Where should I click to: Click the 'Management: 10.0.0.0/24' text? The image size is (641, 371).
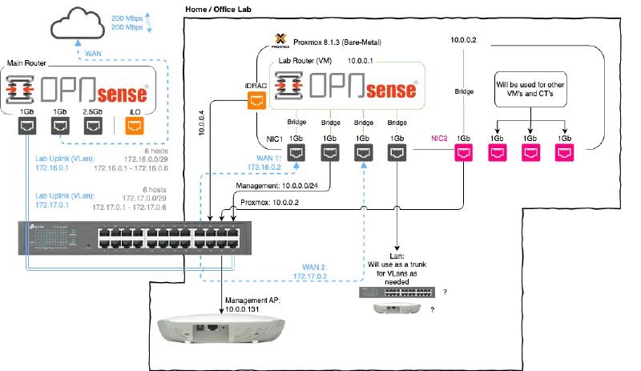(x=284, y=186)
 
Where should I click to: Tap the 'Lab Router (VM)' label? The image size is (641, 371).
(x=303, y=60)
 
